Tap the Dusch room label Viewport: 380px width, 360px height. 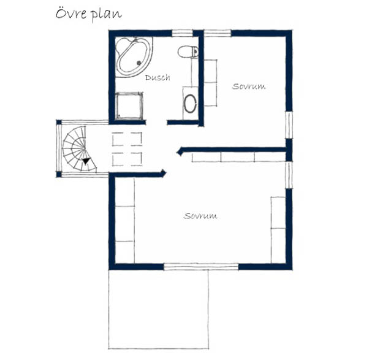pos(158,77)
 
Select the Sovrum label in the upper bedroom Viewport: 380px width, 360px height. pos(249,86)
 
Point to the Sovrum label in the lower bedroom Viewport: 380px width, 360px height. pos(200,216)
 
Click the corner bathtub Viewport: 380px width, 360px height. pos(134,57)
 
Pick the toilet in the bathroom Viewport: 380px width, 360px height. pos(188,52)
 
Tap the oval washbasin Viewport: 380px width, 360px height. pos(190,104)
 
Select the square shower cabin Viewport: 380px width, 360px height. pos(129,106)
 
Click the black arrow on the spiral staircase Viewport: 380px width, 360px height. pos(86,161)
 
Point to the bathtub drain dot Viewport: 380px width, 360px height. pos(139,63)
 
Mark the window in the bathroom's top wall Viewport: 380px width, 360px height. pos(182,33)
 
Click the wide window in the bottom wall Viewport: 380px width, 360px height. pos(201,267)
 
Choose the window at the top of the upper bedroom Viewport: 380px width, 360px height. pos(218,33)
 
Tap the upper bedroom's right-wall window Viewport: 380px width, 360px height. pos(289,125)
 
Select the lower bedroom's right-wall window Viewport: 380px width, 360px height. pos(289,175)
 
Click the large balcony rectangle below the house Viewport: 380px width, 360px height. pos(159,309)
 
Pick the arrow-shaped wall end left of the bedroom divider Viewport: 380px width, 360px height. pos(180,152)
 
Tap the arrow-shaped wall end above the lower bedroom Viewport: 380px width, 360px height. pos(163,173)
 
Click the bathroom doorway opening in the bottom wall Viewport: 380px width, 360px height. pos(156,122)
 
